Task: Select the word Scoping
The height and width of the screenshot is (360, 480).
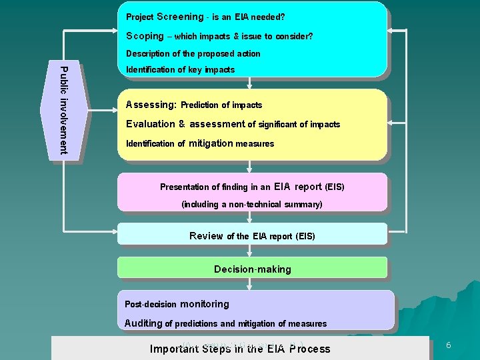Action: (x=145, y=36)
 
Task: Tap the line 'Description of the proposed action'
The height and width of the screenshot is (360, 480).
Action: (x=193, y=53)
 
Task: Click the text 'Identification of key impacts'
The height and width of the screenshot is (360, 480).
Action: (x=180, y=69)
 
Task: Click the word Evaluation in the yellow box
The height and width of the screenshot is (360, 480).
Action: (x=150, y=124)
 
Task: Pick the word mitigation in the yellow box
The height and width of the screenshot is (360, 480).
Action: (x=211, y=143)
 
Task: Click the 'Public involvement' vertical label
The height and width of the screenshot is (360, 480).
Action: (x=64, y=110)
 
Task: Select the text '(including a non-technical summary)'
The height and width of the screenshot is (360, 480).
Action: (x=252, y=204)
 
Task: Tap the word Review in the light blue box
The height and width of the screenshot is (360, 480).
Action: (x=206, y=236)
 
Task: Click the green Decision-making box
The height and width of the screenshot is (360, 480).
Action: (x=252, y=269)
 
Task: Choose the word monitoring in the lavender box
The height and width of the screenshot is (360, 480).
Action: (x=205, y=304)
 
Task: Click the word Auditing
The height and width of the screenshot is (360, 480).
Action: (x=143, y=323)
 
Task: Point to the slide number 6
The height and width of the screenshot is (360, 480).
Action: (x=449, y=345)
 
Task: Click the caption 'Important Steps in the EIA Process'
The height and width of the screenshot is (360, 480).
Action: (x=240, y=349)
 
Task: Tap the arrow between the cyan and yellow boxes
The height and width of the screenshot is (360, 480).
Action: (x=249, y=83)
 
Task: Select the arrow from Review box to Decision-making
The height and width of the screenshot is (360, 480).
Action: (x=249, y=251)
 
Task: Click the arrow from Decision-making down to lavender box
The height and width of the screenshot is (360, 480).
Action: (x=249, y=284)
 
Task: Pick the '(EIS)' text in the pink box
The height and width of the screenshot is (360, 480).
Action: (x=334, y=187)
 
